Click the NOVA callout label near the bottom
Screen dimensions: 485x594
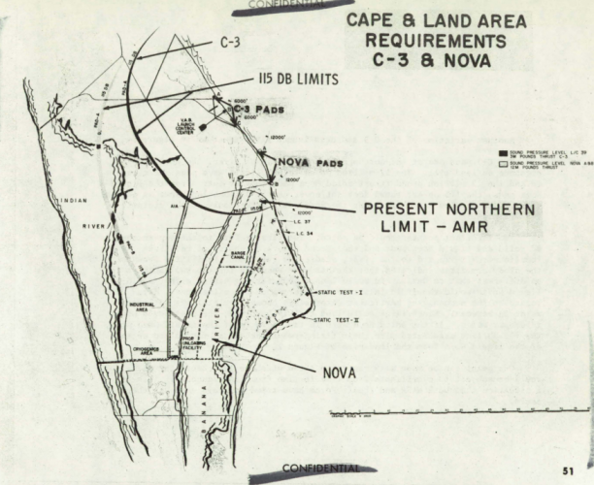342,371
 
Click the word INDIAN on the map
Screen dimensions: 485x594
73,201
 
